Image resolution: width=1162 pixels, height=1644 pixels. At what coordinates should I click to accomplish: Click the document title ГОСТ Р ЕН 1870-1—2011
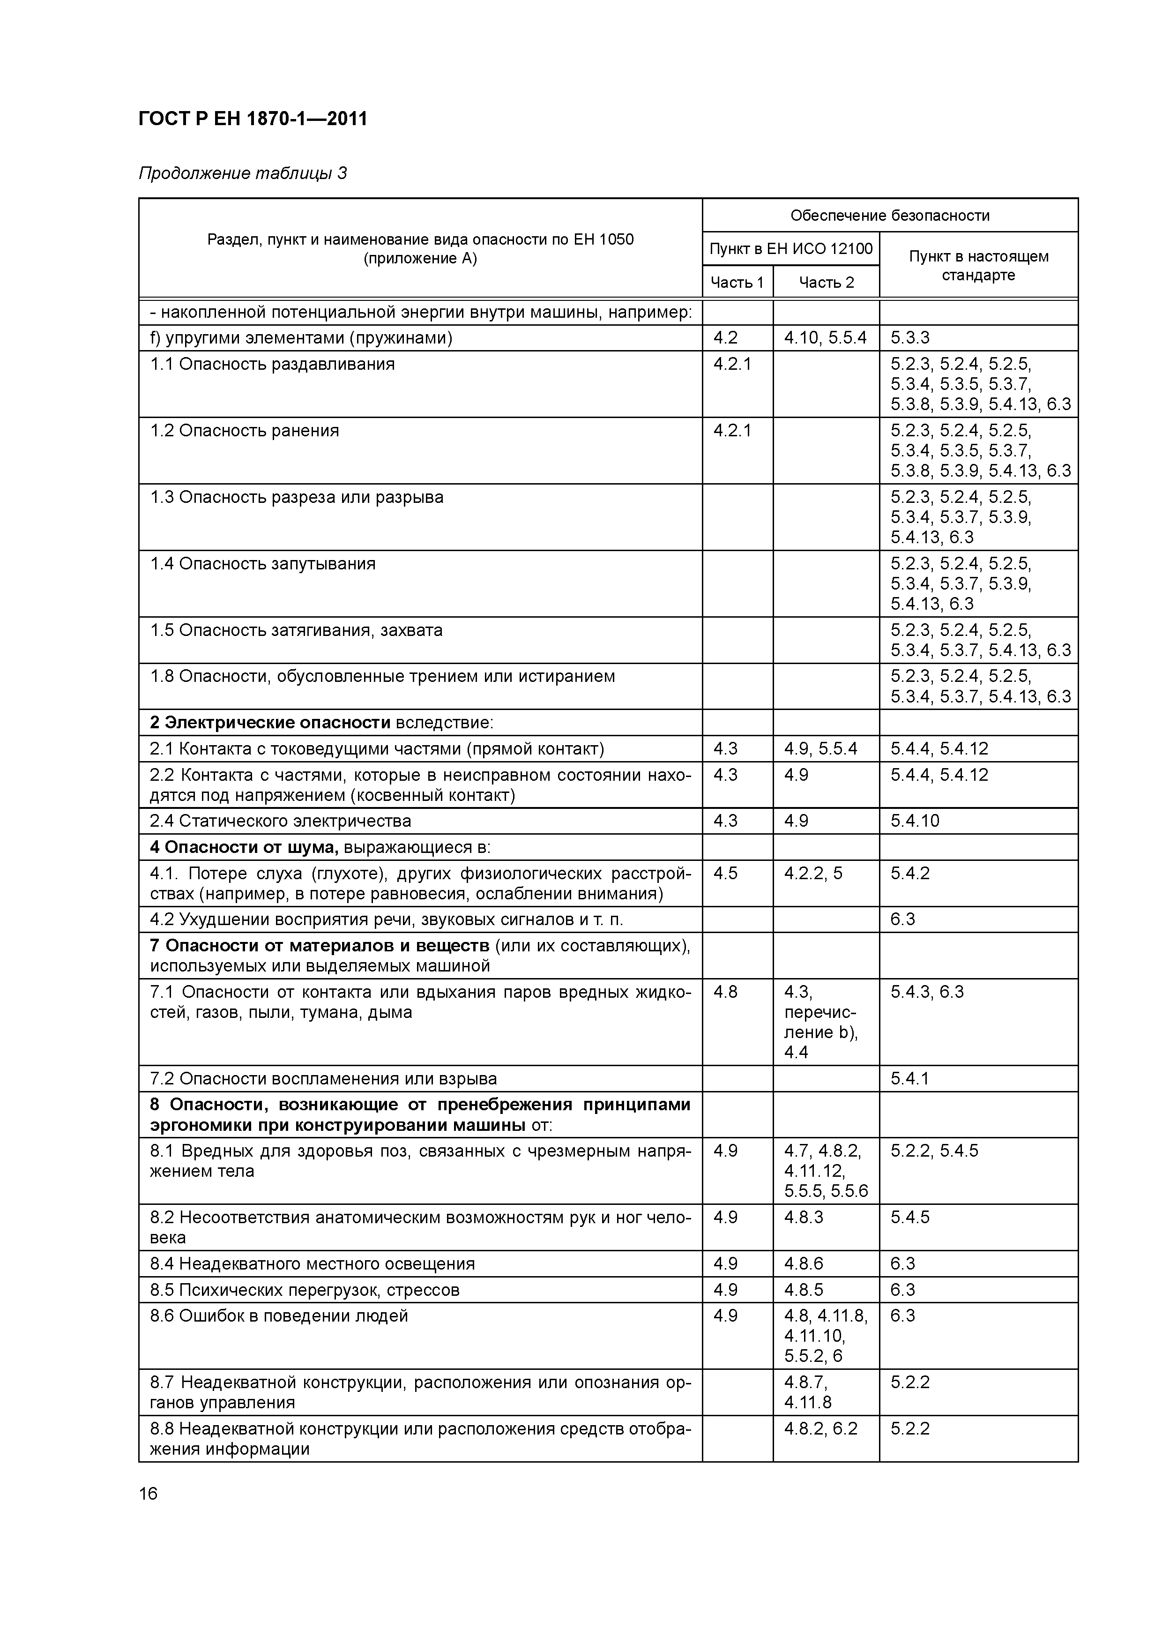pyautogui.click(x=253, y=119)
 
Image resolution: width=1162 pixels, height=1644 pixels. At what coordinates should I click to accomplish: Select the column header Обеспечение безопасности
pyautogui.click(x=889, y=216)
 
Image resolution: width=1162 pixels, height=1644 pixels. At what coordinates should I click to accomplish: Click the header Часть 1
pyautogui.click(x=737, y=282)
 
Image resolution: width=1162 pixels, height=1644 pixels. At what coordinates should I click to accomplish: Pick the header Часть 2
pyautogui.click(x=826, y=282)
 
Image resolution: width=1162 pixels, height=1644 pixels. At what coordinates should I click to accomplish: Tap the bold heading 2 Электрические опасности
pyautogui.click(x=270, y=723)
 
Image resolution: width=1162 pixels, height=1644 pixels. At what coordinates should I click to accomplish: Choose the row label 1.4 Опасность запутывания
pyautogui.click(x=263, y=563)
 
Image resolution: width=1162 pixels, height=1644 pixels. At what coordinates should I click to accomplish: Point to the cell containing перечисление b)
pyautogui.click(x=820, y=1022)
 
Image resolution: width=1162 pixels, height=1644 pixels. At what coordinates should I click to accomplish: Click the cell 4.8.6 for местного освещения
pyautogui.click(x=803, y=1263)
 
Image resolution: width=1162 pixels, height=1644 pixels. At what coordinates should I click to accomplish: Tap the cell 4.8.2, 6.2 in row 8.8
pyautogui.click(x=820, y=1428)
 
